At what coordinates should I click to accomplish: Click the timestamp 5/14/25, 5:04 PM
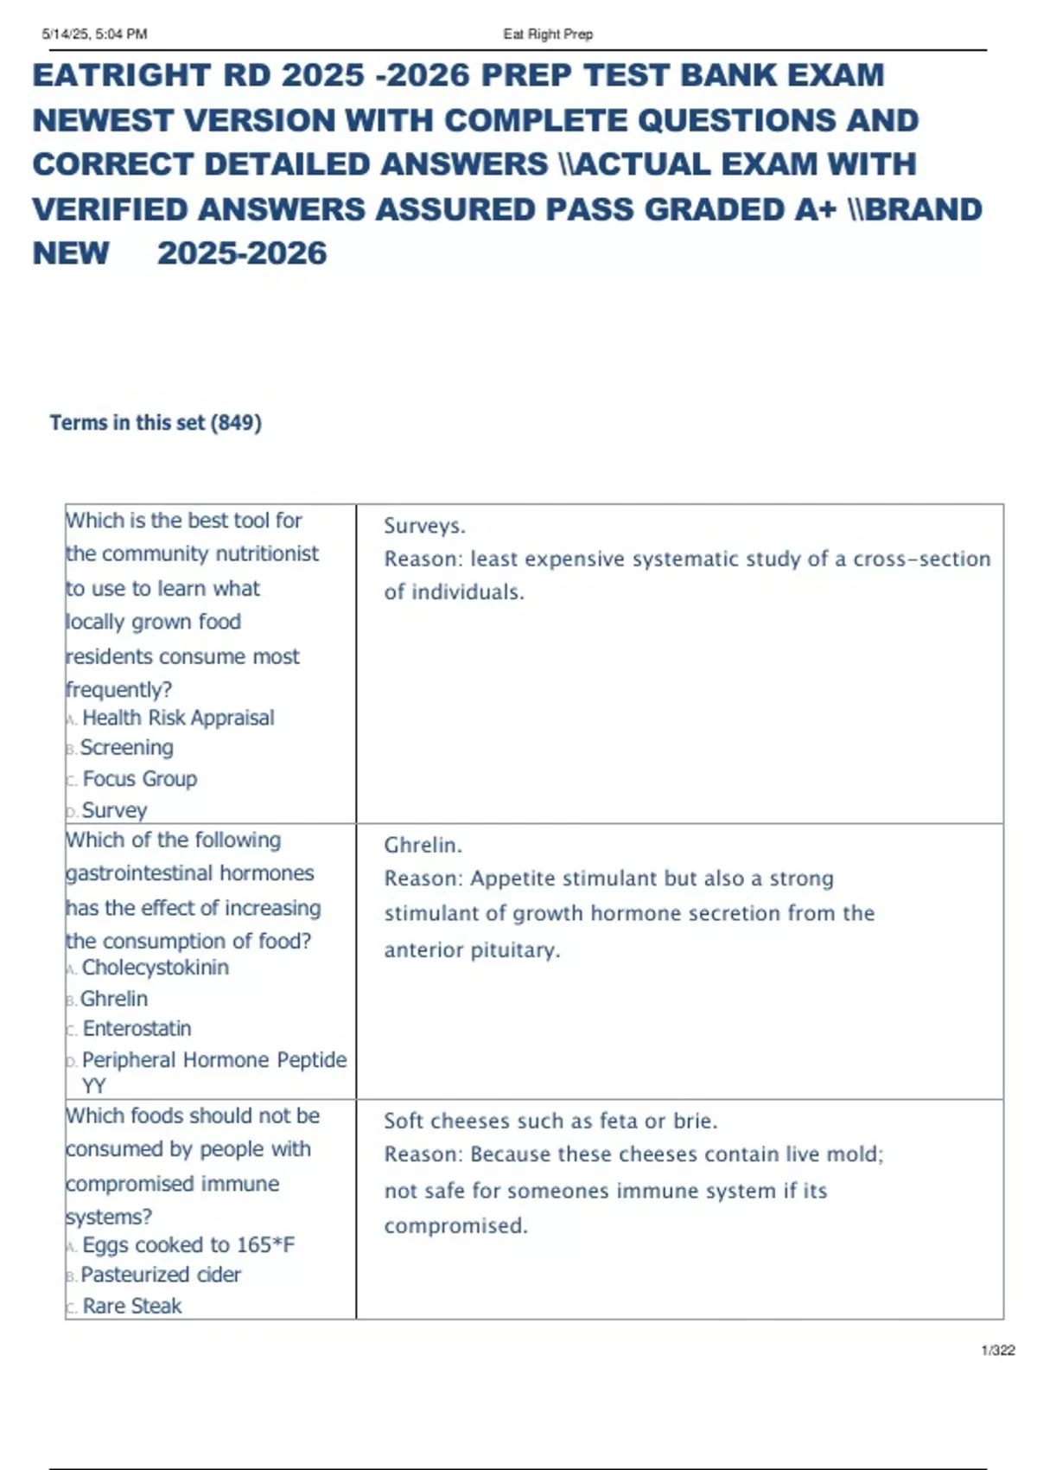pos(94,35)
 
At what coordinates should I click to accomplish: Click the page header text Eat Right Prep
pos(548,35)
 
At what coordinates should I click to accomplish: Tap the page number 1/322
pos(998,1351)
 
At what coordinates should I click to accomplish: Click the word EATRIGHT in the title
pos(122,76)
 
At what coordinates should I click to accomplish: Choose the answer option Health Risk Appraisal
pos(178,718)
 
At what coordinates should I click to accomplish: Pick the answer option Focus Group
pos(140,779)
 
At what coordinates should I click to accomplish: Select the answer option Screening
pos(127,748)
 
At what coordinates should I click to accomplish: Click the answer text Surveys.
pos(424,526)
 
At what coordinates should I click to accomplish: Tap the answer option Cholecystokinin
pos(156,968)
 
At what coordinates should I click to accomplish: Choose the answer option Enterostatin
pos(137,1029)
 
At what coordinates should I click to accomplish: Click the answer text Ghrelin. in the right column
pos(423,845)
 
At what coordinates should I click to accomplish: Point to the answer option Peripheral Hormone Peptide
pos(214,1060)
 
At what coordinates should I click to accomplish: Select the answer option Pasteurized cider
pos(161,1275)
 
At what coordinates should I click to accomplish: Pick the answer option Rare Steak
pos(132,1306)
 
